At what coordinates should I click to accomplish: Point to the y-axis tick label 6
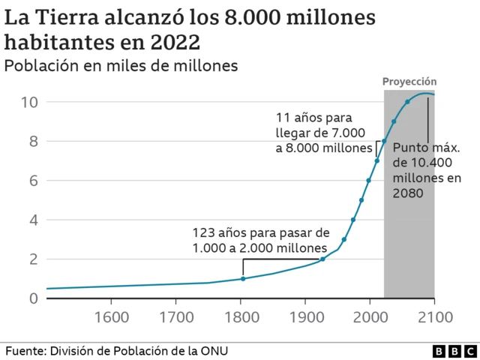[32, 181]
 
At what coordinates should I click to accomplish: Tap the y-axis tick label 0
[32, 298]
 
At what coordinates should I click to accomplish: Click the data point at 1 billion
[243, 279]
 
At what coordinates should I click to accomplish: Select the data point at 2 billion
[322, 259]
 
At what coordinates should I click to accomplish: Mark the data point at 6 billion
[369, 181]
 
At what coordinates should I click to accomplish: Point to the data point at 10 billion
[407, 102]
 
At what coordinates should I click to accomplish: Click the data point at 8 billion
[384, 141]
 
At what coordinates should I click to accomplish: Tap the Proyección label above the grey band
[409, 82]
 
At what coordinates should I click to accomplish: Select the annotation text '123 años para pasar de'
[261, 232]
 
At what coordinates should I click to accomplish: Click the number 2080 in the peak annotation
[408, 193]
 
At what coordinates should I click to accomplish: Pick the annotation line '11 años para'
[313, 118]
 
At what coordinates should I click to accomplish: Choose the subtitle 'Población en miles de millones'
[121, 65]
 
